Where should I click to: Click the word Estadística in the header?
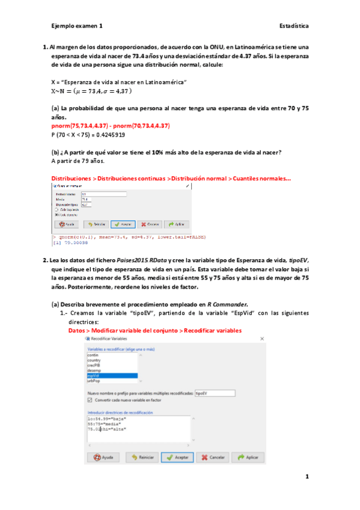[294, 26]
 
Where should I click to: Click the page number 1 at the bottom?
[307, 477]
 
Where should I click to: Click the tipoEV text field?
[207, 393]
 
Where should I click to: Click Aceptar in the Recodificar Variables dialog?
[177, 457]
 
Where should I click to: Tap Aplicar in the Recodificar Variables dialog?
[248, 457]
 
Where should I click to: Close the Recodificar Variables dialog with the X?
[261, 340]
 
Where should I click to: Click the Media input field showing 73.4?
[102, 199]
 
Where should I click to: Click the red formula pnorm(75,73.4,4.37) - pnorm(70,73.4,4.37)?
[111, 126]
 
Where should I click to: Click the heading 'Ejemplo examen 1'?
[77, 26]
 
